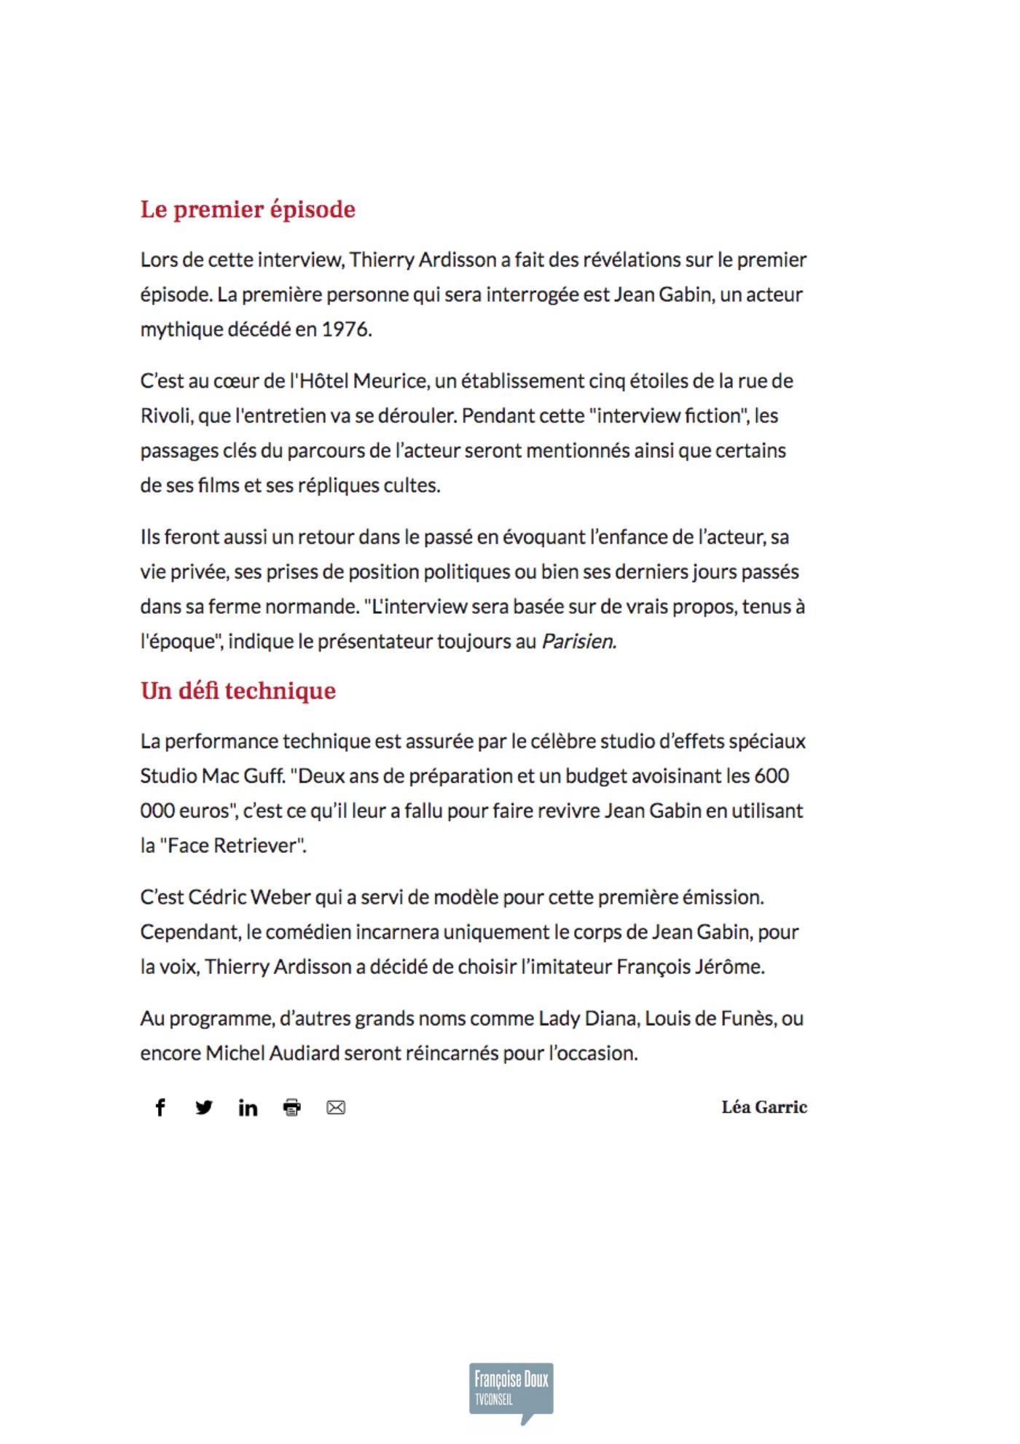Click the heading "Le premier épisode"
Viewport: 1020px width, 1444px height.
pos(248,209)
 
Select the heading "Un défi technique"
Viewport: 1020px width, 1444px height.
pos(238,690)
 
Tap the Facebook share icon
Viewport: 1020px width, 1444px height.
pos(160,1107)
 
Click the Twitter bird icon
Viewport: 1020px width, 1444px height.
pos(204,1107)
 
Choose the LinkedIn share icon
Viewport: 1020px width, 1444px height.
pos(248,1108)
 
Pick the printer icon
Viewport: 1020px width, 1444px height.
pos(291,1108)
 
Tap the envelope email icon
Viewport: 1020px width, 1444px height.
pos(336,1108)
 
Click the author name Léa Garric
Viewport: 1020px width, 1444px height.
pos(764,1107)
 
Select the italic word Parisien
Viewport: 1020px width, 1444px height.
pos(578,641)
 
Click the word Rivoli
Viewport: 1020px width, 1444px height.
pos(165,416)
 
